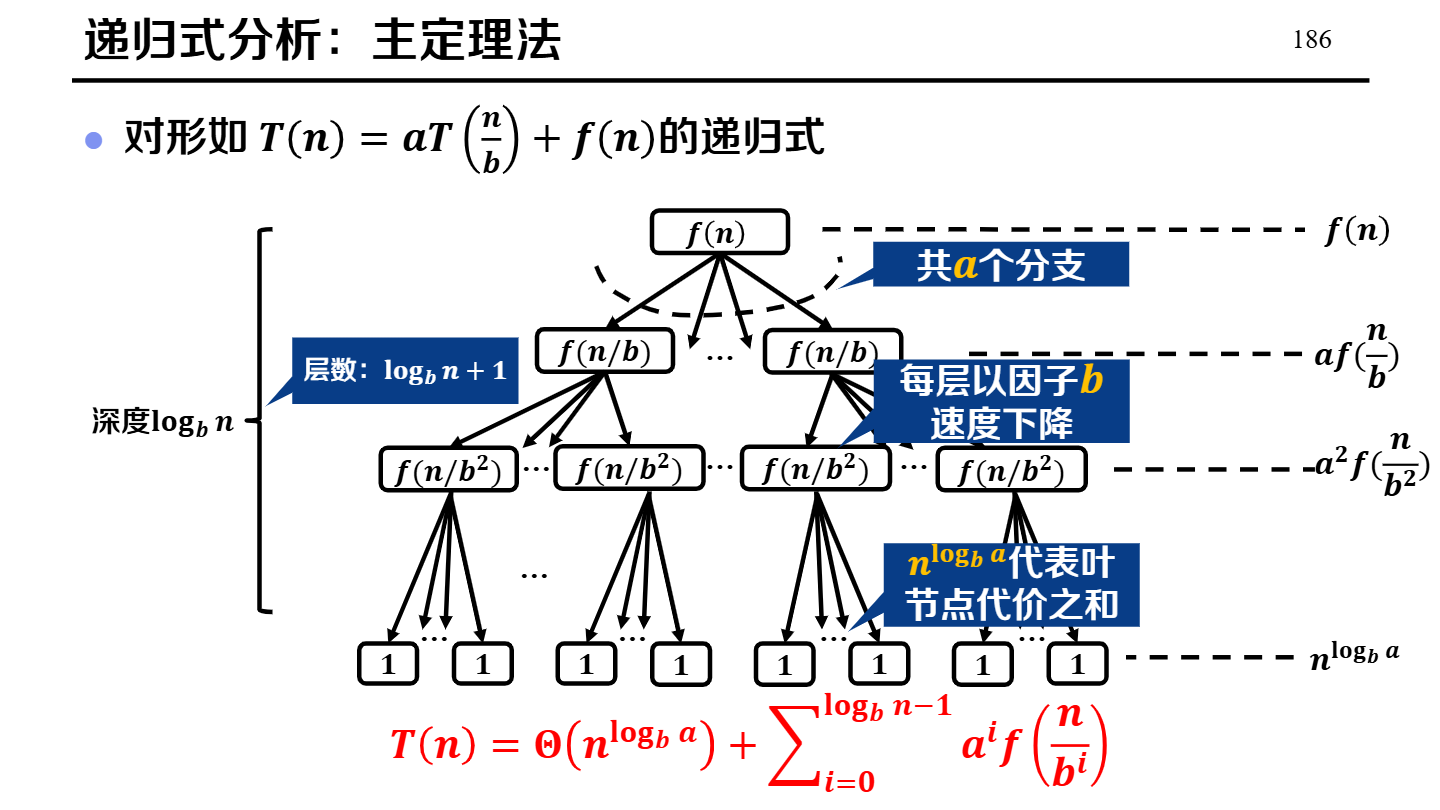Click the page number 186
point(1312,40)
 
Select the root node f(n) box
point(719,233)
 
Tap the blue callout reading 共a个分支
point(1001,266)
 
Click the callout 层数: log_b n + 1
point(405,371)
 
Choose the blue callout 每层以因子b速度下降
point(1001,401)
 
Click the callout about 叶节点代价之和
point(1011,584)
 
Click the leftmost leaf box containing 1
point(388,664)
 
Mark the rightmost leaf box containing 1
point(1078,664)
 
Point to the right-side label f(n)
point(1357,233)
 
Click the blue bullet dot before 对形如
point(94,139)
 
